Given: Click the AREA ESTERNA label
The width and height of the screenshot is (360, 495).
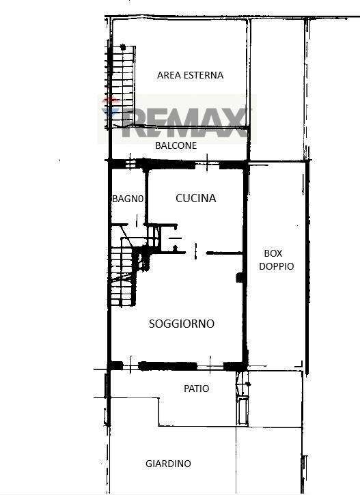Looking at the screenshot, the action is (x=190, y=75).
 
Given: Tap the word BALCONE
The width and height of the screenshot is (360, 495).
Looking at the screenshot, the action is (x=176, y=145).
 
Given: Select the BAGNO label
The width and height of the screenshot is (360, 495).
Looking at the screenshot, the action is (x=128, y=199).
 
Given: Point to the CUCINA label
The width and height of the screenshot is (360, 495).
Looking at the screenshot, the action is (x=196, y=198).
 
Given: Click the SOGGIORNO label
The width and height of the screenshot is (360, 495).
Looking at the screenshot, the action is (x=182, y=324).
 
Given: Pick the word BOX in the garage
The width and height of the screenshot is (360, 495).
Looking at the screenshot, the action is (x=273, y=253).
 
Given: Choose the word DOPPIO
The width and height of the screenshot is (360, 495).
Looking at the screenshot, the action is (x=276, y=266).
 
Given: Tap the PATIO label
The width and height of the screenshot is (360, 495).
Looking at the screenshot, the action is (x=197, y=388).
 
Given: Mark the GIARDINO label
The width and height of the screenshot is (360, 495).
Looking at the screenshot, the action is (x=168, y=464).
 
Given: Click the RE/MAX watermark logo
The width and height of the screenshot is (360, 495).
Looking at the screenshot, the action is (x=177, y=119).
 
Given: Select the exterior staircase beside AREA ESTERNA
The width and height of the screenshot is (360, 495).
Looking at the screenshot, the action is (x=122, y=87).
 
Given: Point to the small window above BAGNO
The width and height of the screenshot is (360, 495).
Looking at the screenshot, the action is (x=130, y=164).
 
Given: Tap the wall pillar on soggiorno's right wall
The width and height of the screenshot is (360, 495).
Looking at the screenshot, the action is (x=240, y=277).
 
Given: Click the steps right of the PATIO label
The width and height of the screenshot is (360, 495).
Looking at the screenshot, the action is (x=243, y=398).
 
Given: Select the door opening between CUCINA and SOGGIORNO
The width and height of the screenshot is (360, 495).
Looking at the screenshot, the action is (x=196, y=252).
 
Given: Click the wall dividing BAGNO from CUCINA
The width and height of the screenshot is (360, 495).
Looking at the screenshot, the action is (x=146, y=197).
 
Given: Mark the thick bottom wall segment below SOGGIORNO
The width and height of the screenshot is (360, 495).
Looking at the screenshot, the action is (x=167, y=366).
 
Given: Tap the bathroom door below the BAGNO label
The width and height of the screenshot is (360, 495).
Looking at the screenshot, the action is (x=137, y=221).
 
